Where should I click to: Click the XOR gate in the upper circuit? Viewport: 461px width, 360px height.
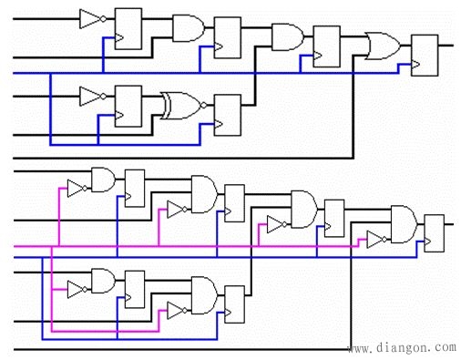coord(180,106)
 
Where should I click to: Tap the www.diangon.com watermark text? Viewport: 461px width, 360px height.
coord(401,347)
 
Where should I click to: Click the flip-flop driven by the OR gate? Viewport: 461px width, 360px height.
coord(425,54)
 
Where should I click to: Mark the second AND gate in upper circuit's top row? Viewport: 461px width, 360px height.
coord(286,36)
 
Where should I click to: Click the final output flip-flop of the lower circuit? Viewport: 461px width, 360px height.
coord(434,233)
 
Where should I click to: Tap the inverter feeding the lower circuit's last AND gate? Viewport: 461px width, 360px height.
coord(374,240)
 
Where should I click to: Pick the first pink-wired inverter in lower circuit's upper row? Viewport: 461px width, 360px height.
coord(77,189)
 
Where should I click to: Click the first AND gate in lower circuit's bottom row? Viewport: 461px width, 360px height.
coord(103,280)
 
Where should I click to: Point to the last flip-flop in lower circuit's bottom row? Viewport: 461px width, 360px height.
coord(235,303)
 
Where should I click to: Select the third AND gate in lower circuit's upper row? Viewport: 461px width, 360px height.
coord(302,207)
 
